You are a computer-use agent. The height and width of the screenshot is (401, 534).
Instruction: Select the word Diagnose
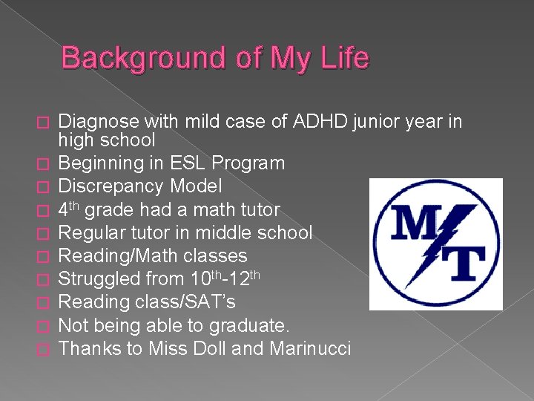tap(98, 121)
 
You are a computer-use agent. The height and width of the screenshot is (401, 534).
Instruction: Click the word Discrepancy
tap(113, 186)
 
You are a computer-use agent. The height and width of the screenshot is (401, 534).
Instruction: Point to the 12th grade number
tap(244, 278)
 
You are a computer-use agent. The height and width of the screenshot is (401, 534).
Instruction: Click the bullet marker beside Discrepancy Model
tap(46, 186)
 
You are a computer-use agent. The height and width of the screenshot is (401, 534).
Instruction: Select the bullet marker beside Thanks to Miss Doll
tap(46, 348)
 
